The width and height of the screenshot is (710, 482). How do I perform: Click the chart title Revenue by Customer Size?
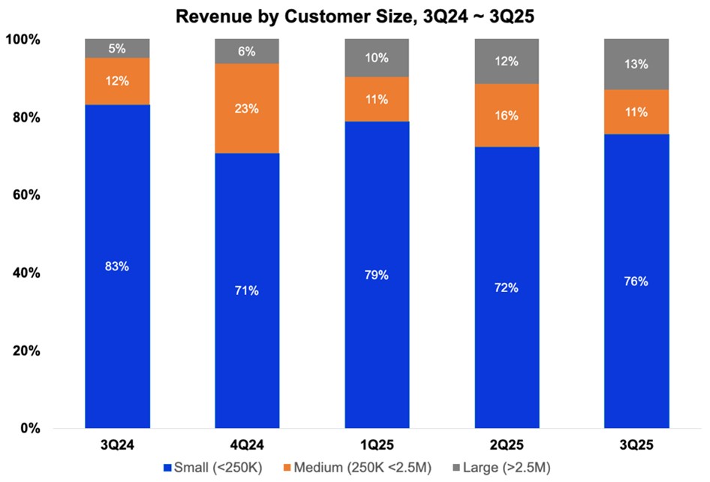(355, 14)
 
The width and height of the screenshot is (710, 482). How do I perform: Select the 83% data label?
(117, 267)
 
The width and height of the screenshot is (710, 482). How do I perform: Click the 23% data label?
(247, 108)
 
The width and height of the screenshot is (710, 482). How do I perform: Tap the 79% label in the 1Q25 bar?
(377, 275)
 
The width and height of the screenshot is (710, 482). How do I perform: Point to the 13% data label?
(636, 64)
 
